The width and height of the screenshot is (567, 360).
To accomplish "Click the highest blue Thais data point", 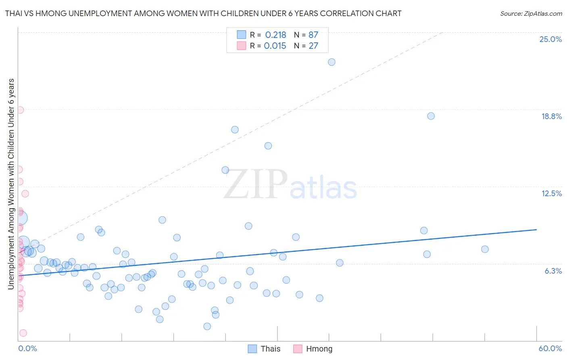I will click(x=331, y=62).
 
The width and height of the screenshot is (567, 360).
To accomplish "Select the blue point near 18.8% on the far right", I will click(x=431, y=116).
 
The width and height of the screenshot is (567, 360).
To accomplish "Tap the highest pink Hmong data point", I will click(x=20, y=110).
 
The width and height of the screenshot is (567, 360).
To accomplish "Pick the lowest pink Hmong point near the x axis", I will click(x=23, y=333).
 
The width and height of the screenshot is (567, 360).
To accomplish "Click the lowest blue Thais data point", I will click(x=207, y=326).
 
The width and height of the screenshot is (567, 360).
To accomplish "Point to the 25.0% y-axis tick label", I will click(x=550, y=39).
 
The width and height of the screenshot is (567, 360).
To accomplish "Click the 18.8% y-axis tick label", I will click(x=551, y=116).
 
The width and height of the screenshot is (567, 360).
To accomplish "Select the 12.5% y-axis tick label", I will click(x=551, y=193).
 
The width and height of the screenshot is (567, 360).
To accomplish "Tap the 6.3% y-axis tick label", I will click(x=553, y=271).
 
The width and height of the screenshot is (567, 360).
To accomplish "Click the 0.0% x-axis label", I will click(x=27, y=348).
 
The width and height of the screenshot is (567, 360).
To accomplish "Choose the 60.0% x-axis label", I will click(x=550, y=348).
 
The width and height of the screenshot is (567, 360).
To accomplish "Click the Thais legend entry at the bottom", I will click(x=264, y=349).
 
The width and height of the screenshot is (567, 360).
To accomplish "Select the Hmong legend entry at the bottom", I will click(x=313, y=349).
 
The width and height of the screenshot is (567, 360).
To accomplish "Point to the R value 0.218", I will click(x=275, y=35).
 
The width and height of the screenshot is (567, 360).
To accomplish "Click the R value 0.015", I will click(x=275, y=46).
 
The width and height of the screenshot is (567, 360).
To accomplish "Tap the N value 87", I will click(x=313, y=35).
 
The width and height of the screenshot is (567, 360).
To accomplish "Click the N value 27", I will click(x=313, y=46).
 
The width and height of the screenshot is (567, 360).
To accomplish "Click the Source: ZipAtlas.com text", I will click(x=531, y=13).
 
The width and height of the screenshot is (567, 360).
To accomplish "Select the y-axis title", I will click(x=11, y=184).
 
